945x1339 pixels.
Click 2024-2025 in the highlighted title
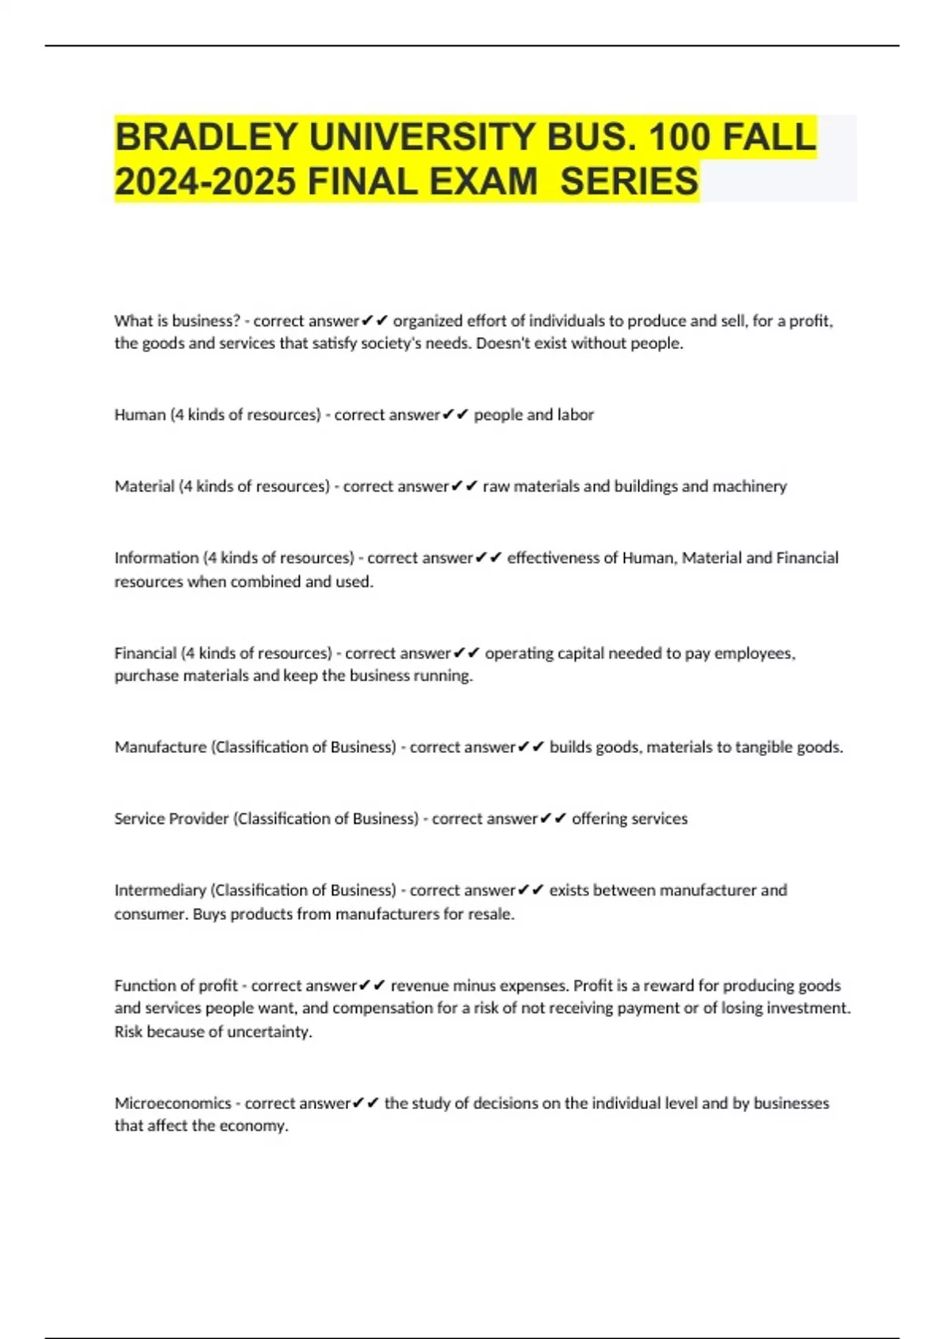pos(206,181)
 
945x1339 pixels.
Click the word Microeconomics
pos(172,1103)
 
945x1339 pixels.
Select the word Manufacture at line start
pos(160,747)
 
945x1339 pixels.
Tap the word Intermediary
pos(160,890)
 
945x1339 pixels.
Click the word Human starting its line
pos(139,414)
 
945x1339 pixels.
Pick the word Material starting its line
pos(144,486)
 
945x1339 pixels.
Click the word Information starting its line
pos(156,558)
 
